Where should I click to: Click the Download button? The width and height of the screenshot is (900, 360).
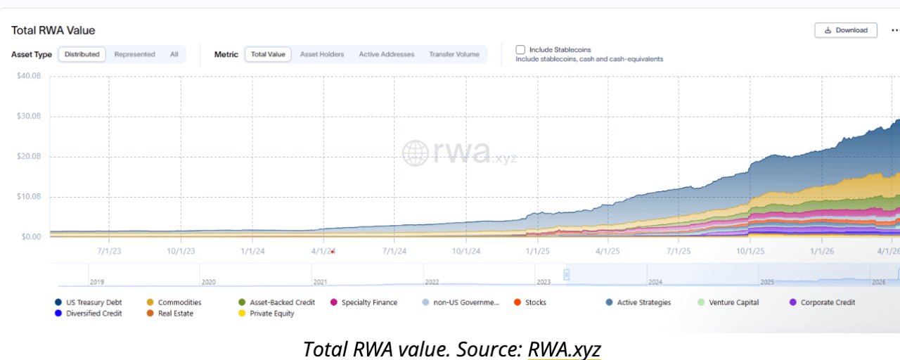tap(846, 30)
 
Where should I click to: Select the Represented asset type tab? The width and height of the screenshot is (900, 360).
tap(134, 54)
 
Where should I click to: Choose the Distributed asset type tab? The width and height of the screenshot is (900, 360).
tap(82, 54)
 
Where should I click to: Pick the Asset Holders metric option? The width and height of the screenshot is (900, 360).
tap(322, 54)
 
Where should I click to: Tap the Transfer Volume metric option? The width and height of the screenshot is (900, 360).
tap(454, 54)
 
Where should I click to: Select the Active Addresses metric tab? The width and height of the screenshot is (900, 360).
tap(387, 54)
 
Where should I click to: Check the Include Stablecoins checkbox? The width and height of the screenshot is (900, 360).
tap(520, 50)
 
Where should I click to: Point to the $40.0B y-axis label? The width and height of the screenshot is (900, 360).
tap(29, 76)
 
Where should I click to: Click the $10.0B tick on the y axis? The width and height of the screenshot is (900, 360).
tap(29, 197)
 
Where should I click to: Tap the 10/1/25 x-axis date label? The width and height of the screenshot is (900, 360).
tap(750, 250)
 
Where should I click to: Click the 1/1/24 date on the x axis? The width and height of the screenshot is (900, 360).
tap(252, 250)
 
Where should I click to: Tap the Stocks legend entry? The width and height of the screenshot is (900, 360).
tap(535, 302)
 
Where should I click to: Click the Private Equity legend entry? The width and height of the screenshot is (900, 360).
tap(271, 314)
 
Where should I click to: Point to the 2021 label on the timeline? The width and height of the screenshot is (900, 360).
tap(320, 282)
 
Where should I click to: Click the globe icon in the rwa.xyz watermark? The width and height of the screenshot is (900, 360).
tap(415, 153)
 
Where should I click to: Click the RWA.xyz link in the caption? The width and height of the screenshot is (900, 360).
tap(564, 349)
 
